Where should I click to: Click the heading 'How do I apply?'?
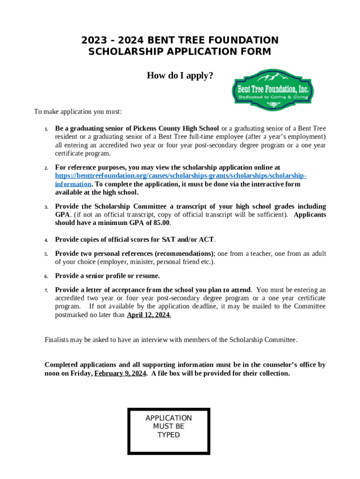pos(180,75)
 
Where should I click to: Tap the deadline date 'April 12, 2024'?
pos(149,315)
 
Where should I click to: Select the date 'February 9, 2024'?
pos(120,373)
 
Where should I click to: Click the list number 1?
pos(46,129)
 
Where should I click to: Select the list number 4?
pos(46,240)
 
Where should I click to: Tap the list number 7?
pos(46,290)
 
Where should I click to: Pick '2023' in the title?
pos(93,40)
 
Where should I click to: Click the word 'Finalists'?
pos(58,340)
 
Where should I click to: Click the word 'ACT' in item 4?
pos(206,239)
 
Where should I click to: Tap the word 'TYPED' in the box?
pos(169,435)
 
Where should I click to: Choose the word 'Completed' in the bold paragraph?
pos(62,365)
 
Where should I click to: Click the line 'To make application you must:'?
pos(78,112)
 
